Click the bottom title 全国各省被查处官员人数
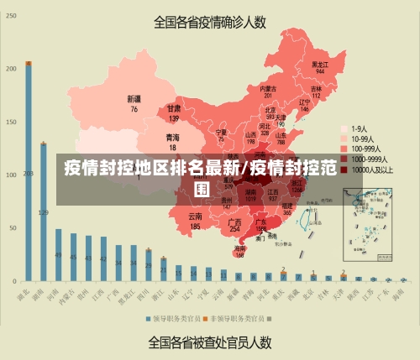click(210, 342)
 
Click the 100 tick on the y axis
click(11, 175)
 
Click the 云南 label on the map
click(195, 221)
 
